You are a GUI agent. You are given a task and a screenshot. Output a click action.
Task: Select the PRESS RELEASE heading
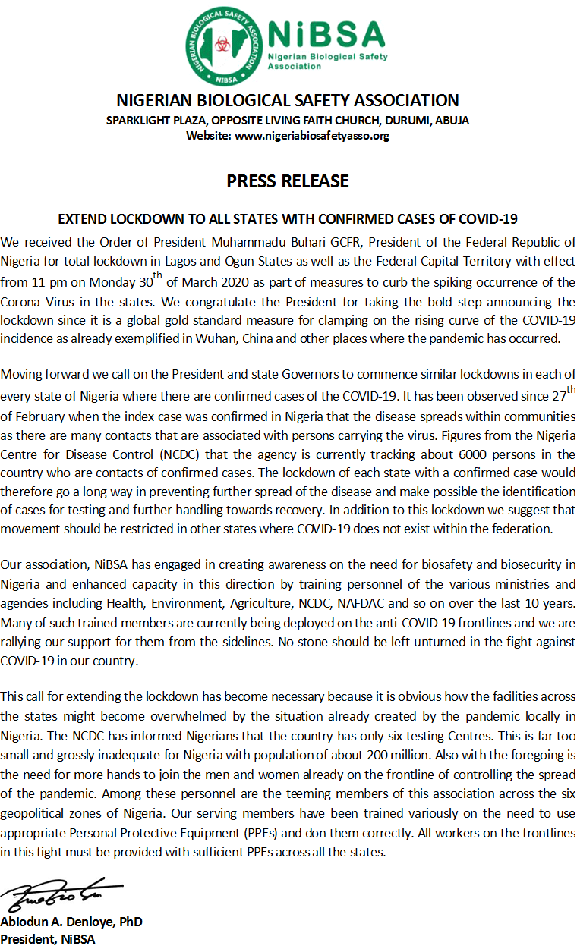pos(288,181)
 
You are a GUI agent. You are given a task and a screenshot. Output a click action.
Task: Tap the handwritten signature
pos(61,895)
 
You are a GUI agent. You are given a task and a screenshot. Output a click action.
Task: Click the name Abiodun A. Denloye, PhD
pos(71,922)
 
